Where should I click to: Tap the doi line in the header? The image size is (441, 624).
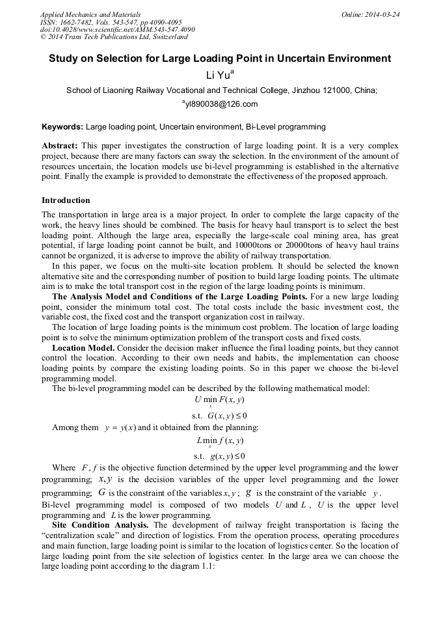[x=117, y=30]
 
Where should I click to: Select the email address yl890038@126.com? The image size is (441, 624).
[x=222, y=104]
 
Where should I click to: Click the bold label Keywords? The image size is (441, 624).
[x=62, y=126]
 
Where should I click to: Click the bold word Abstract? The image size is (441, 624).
[x=60, y=146]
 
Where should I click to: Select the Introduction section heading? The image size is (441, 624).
[x=66, y=200]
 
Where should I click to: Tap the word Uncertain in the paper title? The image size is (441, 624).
[x=302, y=59]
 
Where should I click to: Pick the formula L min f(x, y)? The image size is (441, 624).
[x=220, y=441]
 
